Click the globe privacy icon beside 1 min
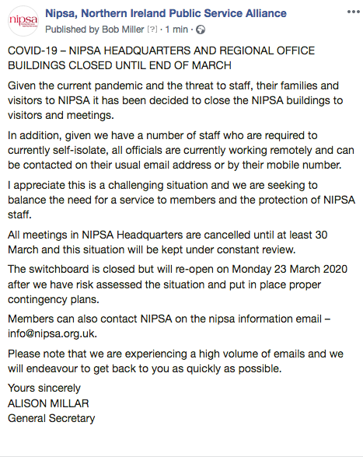tap(201, 30)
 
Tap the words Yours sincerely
tap(44, 389)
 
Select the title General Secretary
tap(51, 418)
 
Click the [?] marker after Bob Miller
tap(152, 30)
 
